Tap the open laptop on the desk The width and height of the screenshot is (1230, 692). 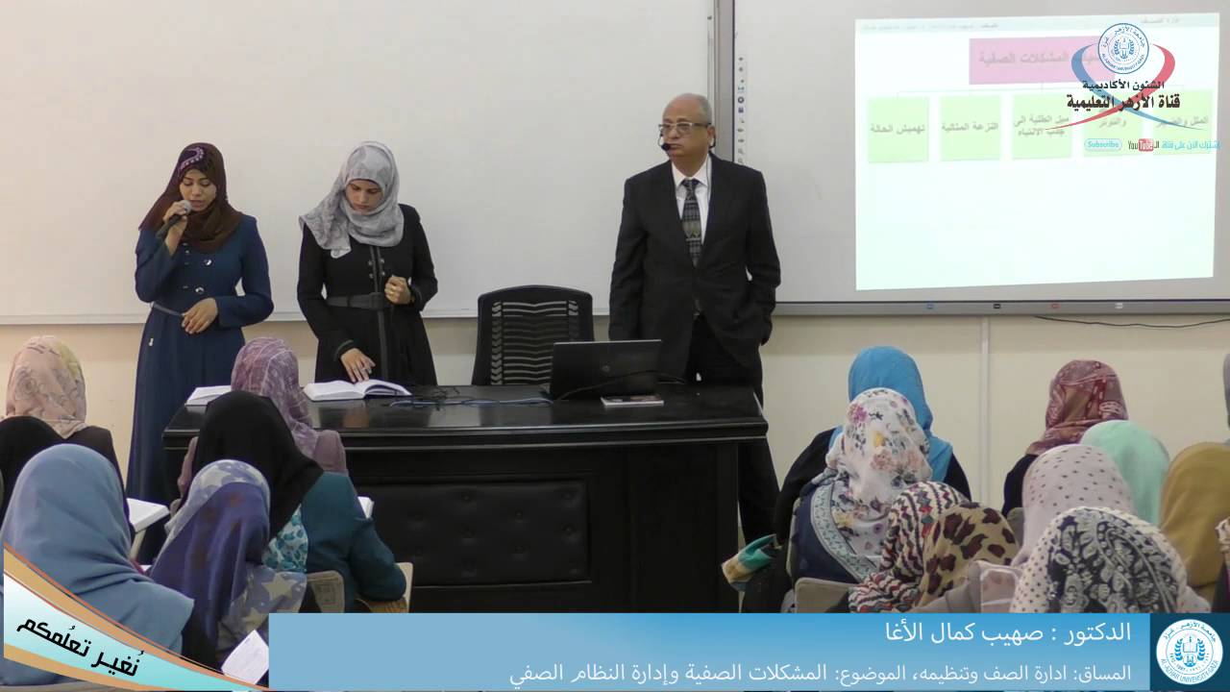(603, 368)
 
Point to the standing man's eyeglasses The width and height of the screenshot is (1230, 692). (683, 127)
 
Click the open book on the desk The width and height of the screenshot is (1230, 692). (356, 389)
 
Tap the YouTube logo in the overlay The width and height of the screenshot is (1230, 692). (1143, 145)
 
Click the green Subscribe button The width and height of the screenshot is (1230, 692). (1102, 145)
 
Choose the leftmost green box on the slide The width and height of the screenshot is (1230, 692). (898, 128)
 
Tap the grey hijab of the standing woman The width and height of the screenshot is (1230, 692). (356, 197)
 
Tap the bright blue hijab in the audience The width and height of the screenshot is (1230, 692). (894, 384)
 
